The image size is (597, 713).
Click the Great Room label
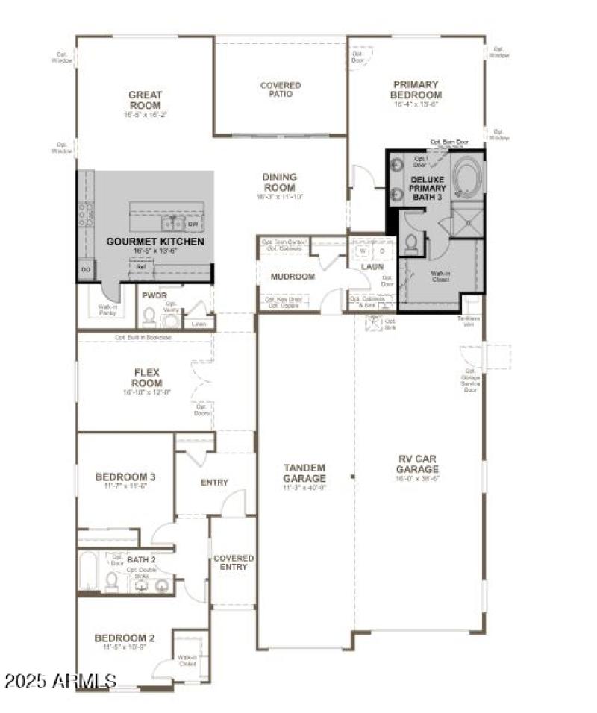145,100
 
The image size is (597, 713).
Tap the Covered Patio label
281,89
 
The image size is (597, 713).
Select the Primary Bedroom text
416,89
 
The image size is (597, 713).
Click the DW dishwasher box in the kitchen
193,224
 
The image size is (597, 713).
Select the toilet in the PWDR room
149,318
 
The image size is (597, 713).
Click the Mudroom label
293,277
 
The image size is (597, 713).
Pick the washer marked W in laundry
363,251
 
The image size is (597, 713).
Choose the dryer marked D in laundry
381,251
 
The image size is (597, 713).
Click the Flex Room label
147,377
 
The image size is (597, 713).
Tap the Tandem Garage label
304,473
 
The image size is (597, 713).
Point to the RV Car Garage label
417,465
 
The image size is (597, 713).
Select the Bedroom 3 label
125,477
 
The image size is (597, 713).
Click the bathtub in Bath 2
88,572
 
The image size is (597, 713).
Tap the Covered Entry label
234,562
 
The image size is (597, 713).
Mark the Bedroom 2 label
125,638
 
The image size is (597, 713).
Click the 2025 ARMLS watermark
60,681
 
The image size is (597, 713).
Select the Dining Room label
280,182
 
